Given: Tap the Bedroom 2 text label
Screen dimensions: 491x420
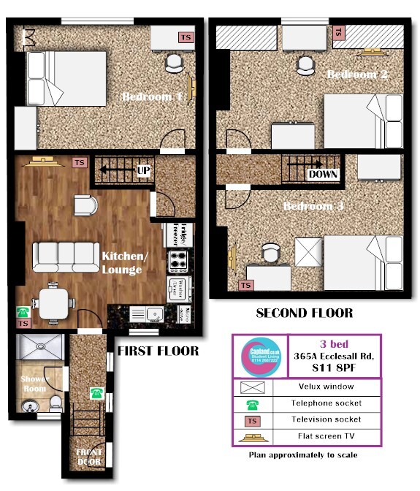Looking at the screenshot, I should [x=357, y=75].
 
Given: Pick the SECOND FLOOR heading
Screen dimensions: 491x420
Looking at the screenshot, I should [x=304, y=313].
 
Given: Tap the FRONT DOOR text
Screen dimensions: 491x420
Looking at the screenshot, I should [x=88, y=457].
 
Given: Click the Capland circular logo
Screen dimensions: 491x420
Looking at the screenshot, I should [x=260, y=356].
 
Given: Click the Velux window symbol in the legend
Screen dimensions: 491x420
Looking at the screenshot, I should [x=252, y=386].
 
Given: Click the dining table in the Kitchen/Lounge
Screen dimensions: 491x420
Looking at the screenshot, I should [x=55, y=302].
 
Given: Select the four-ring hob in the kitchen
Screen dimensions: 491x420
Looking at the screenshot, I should [x=178, y=261].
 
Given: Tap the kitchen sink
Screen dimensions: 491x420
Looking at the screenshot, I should [x=153, y=315].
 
